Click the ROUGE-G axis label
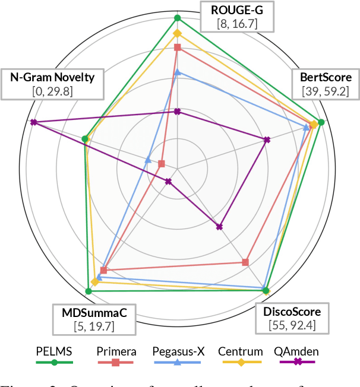point(236,10)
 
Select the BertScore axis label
point(326,77)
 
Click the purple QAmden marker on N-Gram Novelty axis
point(34,122)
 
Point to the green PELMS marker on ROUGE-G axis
point(177,18)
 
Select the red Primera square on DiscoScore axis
point(245,262)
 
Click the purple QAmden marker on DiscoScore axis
point(219,226)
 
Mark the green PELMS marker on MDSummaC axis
point(88,291)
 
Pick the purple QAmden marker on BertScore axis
point(267,140)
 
